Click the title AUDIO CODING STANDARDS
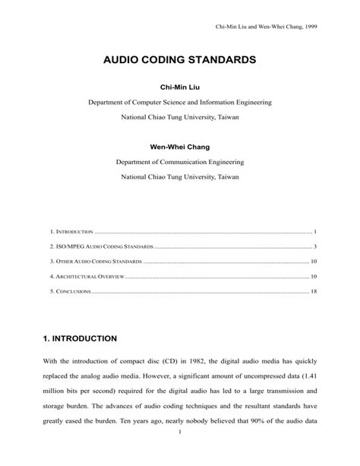coord(180,59)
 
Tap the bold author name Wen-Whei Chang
coord(180,146)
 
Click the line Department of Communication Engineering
coord(180,161)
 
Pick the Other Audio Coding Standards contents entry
coord(96,262)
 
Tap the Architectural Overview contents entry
coord(87,277)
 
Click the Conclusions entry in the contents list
coord(71,292)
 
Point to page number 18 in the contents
coord(313,292)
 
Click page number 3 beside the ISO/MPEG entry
coord(314,246)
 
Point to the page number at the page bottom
coord(180,455)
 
